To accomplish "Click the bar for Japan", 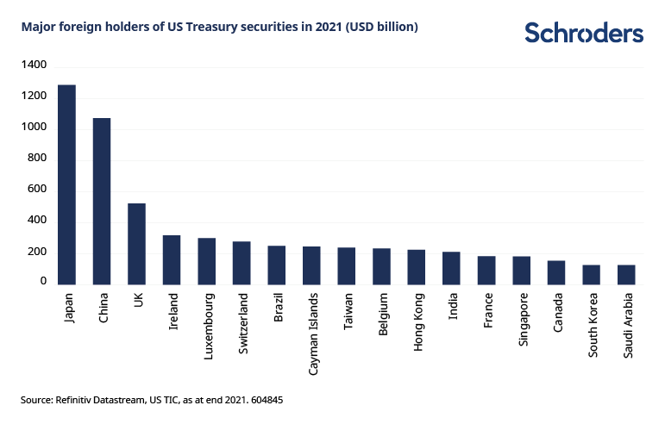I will point(66,184).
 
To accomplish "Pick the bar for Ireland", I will point(172,259).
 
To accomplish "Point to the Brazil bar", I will point(276,265).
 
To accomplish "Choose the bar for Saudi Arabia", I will point(626,274).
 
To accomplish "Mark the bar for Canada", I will point(556,272).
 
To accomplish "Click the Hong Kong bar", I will point(417,266).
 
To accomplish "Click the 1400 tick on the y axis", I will point(35,65).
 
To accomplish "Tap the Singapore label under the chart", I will point(521,319).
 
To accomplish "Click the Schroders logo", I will point(584,33).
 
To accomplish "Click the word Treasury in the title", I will point(224,28).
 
